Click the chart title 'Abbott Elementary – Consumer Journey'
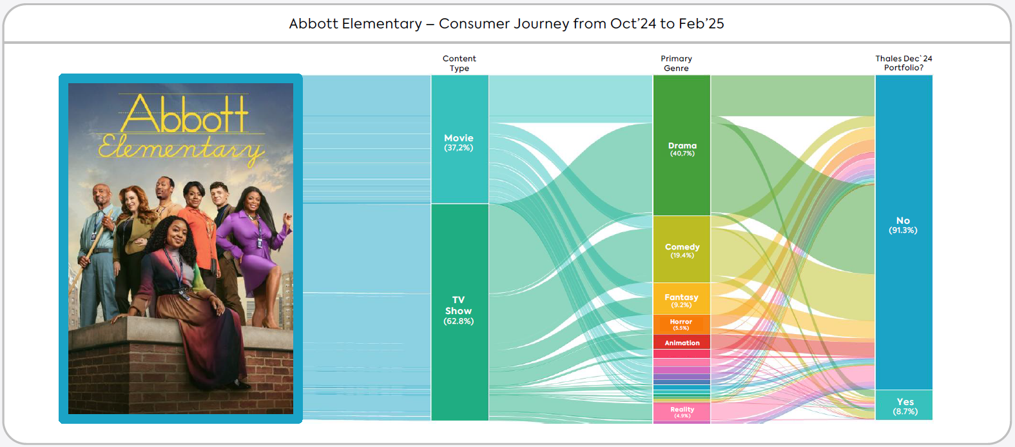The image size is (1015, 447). pos(507,24)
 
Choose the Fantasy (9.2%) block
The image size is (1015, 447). pos(682,299)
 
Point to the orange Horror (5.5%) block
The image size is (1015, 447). pos(682,324)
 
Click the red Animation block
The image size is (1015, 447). pos(682,343)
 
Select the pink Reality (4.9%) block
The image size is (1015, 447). pos(682,412)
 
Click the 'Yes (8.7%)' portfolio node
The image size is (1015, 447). pos(904,406)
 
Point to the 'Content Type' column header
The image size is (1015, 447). pos(459,63)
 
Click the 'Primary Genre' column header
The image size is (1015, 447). pos(676,63)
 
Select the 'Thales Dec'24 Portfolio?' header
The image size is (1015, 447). pos(904,63)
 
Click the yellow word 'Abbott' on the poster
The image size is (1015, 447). pos(184,115)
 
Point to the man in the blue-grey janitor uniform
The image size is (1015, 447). pos(97,258)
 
